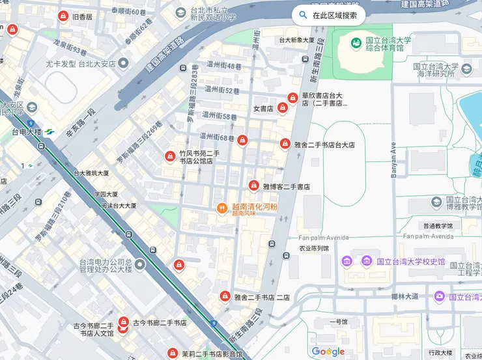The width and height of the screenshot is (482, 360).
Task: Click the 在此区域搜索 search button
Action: pos(328,15)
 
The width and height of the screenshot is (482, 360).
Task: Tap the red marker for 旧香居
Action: pos(63,16)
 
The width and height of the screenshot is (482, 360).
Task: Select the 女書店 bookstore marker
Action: pos(283,107)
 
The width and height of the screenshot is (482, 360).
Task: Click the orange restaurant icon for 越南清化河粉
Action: pos(222,208)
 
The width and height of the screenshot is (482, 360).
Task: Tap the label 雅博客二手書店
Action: pos(286,187)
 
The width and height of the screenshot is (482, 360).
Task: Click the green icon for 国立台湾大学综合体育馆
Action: pos(356,44)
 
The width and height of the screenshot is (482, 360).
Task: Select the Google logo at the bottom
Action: pos(328,352)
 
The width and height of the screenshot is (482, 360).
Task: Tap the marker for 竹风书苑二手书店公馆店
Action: pos(169,156)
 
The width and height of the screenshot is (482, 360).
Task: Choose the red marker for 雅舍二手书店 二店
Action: pos(225,297)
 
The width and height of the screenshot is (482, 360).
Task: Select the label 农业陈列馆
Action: pos(313,248)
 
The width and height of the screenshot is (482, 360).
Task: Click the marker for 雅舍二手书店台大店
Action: pos(285,144)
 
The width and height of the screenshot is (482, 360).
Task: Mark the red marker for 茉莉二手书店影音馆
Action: pos(172,353)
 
